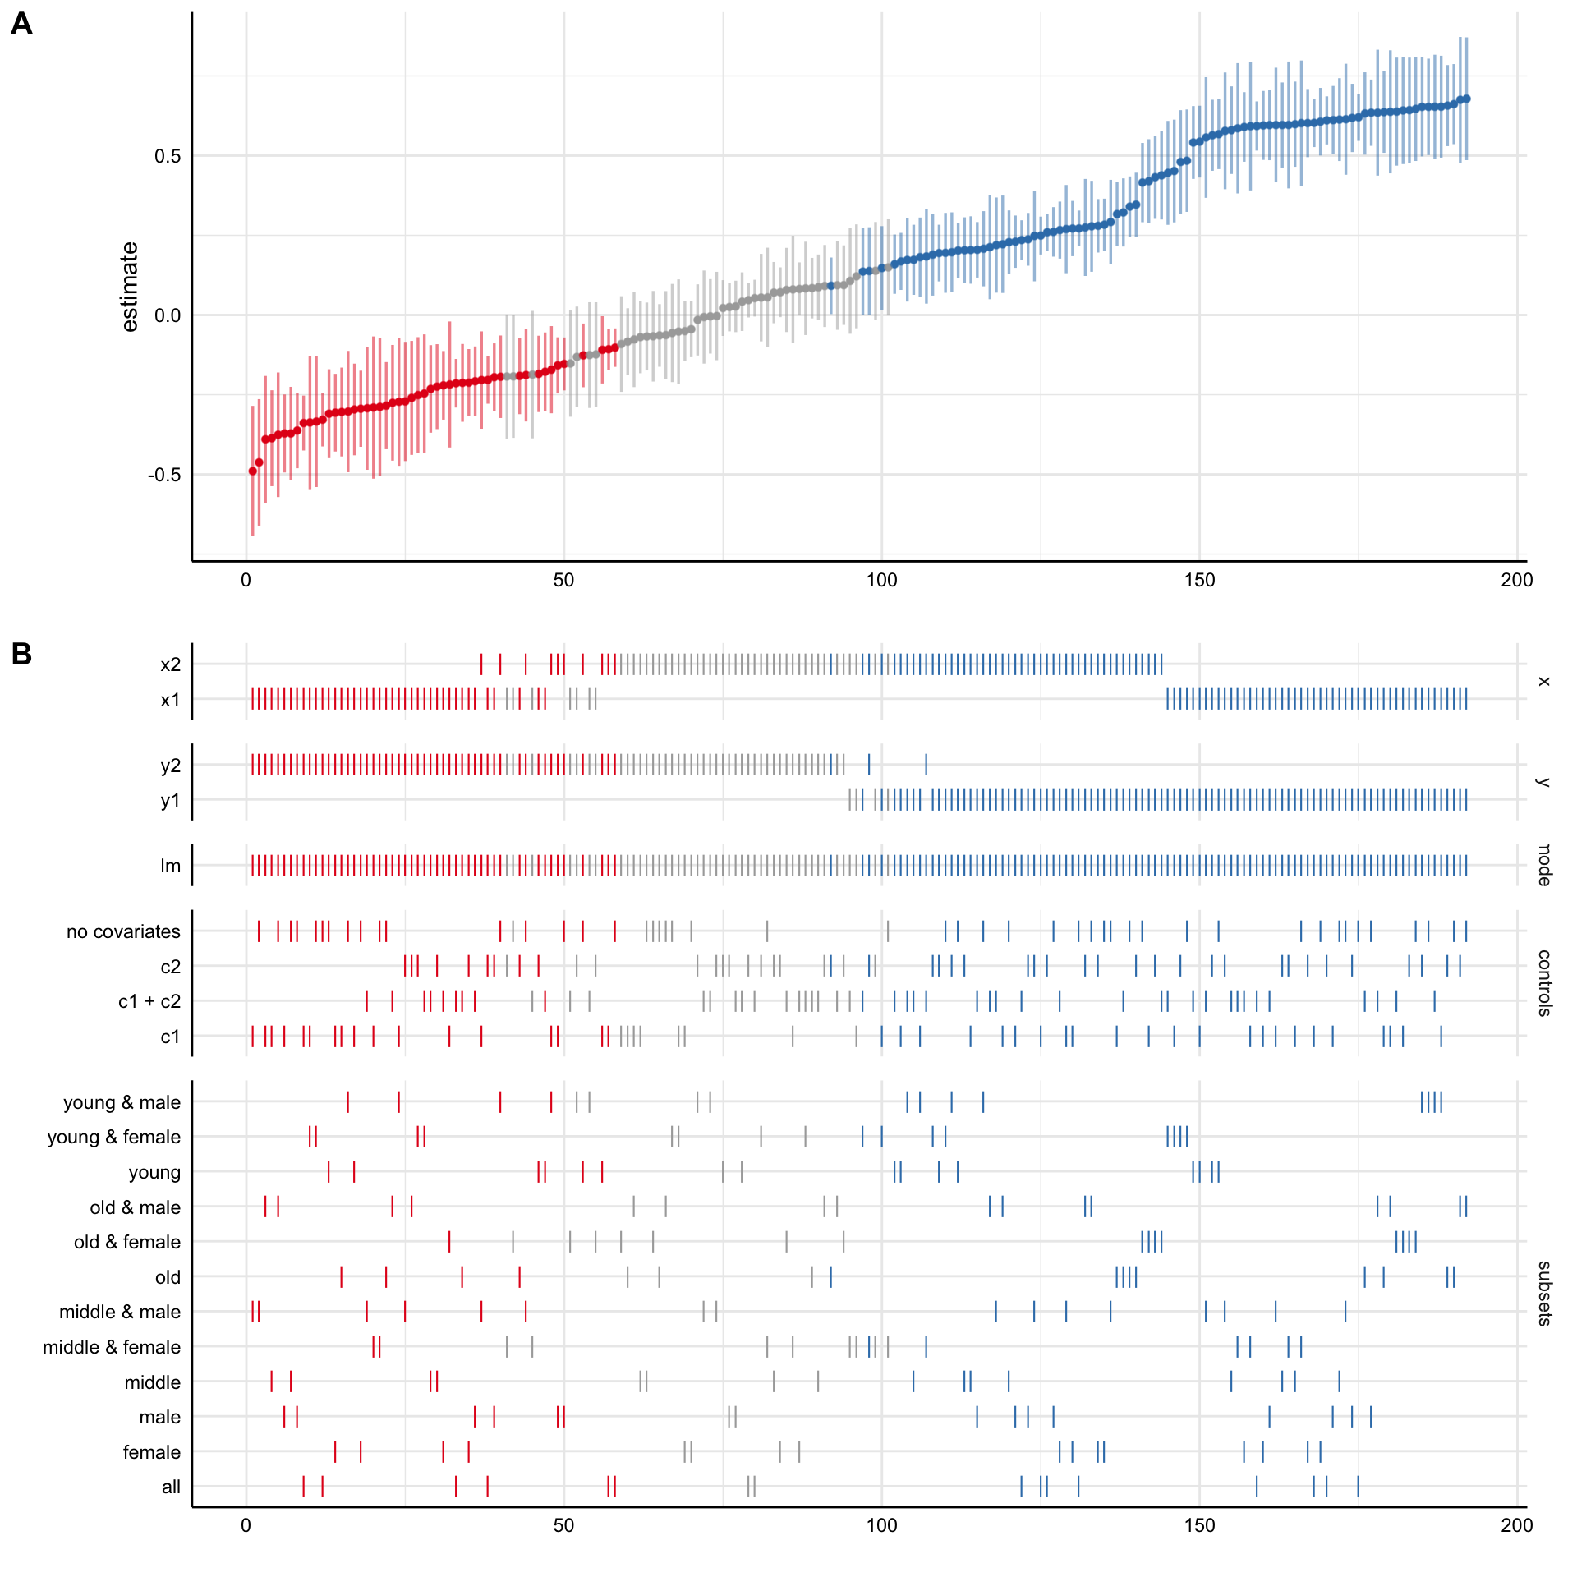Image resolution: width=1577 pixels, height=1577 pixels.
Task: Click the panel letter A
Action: click(22, 24)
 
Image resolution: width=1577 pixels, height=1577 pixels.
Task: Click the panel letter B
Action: click(22, 654)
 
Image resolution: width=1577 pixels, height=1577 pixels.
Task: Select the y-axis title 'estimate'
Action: click(130, 287)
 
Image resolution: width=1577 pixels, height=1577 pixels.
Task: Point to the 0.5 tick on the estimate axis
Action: click(168, 156)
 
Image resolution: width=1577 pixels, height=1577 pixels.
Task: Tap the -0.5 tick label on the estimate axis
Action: click(164, 475)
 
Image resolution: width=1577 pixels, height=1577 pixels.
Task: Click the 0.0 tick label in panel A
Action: click(168, 315)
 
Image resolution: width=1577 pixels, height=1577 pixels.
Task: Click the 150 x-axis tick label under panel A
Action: click(1199, 581)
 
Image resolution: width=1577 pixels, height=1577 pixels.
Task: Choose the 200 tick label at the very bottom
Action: click(1516, 1525)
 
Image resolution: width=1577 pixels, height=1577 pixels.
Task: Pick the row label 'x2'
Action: click(170, 664)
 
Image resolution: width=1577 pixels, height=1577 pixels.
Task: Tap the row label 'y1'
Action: click(170, 801)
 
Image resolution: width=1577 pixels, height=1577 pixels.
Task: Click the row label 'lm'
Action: click(170, 866)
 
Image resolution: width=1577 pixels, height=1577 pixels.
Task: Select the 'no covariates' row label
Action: click(123, 931)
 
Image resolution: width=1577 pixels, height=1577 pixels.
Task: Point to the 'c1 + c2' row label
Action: click(149, 1001)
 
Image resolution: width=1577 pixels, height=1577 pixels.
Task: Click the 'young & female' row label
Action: click(113, 1137)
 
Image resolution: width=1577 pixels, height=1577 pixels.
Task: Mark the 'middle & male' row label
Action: click(119, 1312)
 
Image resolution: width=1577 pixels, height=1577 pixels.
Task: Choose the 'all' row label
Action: click(171, 1487)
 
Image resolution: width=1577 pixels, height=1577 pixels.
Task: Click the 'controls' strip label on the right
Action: click(1543, 983)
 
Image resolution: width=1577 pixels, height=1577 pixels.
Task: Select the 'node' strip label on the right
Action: click(1543, 865)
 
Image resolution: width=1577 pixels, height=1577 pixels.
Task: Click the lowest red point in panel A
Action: click(253, 471)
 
